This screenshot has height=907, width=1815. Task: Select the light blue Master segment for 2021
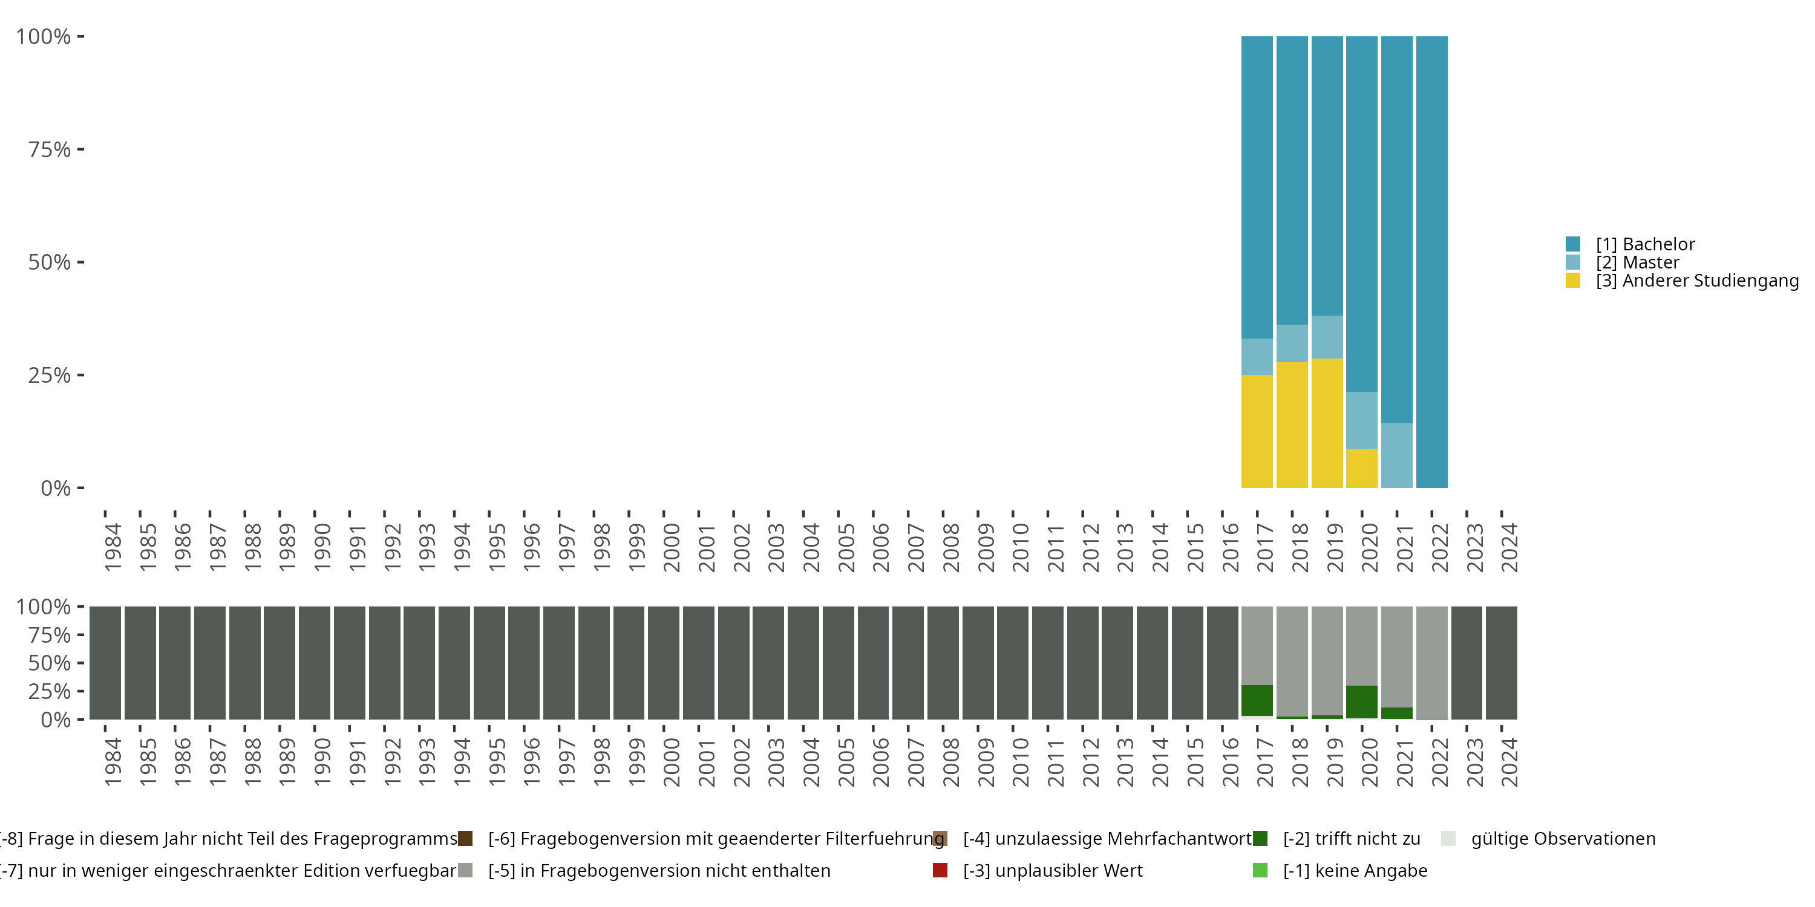1396,455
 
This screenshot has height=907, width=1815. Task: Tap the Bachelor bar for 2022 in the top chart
1431,261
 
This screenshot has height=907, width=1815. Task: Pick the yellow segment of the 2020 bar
1361,468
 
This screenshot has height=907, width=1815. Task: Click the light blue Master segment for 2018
1292,343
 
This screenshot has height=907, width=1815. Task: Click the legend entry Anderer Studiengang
1696,281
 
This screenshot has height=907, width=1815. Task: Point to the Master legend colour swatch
1572,262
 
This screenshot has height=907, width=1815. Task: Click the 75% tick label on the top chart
50,149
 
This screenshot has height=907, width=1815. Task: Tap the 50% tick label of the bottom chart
50,663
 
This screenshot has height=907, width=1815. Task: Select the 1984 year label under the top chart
113,547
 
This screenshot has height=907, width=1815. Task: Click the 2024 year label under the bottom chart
1509,762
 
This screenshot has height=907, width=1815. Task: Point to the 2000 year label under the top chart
672,547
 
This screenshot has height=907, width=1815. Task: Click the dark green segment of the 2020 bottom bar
1361,701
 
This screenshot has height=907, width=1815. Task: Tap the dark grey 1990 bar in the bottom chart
314,663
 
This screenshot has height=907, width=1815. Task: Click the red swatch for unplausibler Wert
940,870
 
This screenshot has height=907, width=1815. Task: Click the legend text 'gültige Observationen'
1563,839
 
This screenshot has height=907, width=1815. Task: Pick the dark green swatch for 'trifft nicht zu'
1260,839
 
